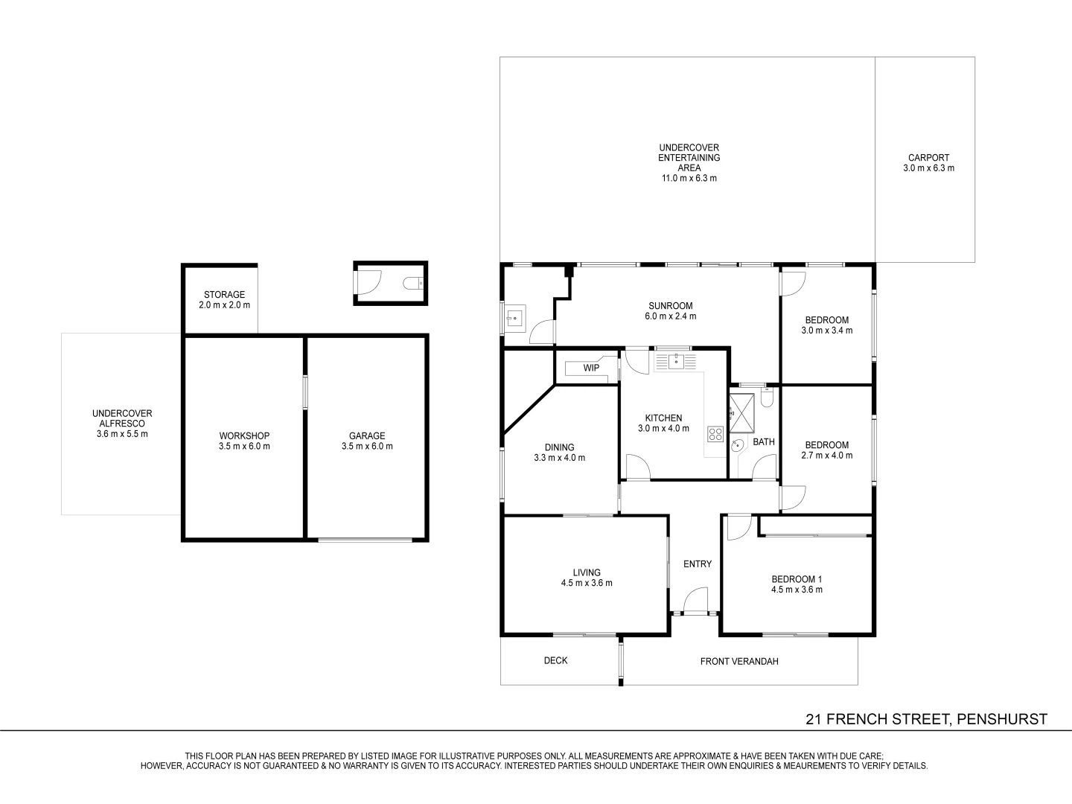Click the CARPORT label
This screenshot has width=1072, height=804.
928,158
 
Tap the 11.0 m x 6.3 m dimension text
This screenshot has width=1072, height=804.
689,179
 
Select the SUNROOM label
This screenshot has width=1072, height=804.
670,306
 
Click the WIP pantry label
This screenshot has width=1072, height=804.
591,368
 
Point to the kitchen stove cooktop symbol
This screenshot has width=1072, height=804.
715,433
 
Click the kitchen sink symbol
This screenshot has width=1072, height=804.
674,362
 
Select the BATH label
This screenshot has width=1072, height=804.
763,442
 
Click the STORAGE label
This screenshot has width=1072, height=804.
224,295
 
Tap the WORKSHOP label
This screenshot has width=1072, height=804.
244,436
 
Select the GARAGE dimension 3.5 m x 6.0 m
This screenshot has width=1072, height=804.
367,447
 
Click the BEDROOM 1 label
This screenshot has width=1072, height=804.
796,579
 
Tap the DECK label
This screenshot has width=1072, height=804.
555,660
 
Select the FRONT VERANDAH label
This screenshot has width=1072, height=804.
738,661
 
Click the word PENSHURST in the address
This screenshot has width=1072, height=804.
1002,719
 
